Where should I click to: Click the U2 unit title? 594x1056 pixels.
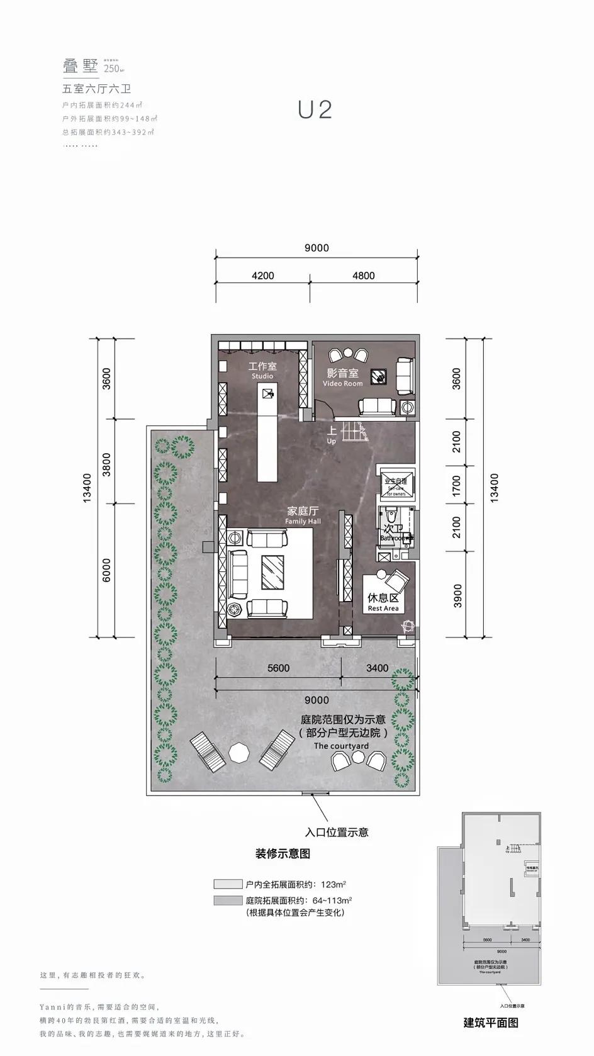315,110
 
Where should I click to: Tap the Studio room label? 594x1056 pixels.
262,371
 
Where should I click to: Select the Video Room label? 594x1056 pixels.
343,378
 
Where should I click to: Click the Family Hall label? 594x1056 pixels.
303,515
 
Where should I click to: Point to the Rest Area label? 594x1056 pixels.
383,603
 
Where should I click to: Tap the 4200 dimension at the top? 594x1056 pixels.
262,276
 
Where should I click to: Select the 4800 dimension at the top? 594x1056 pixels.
363,276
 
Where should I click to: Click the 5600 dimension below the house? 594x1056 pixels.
278,668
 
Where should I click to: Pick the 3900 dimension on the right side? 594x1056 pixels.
457,595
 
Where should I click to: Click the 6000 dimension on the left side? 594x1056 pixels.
106,570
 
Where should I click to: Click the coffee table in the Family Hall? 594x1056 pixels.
272,571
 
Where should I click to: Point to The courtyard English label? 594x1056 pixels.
341,746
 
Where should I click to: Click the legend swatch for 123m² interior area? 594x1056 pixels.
227,884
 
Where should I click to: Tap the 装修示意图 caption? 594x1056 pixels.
283,854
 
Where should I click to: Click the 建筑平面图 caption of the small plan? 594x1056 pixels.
491,1022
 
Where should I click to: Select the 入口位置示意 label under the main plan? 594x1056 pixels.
337,832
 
